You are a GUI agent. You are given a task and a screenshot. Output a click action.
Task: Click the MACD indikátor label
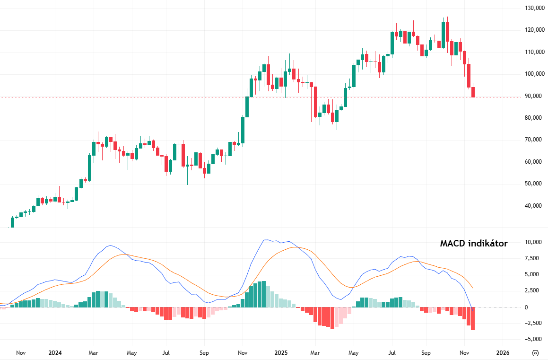[474, 244]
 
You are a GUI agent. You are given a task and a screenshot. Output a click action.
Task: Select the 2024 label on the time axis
[55, 353]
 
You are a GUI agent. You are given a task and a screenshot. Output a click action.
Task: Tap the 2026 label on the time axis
[503, 353]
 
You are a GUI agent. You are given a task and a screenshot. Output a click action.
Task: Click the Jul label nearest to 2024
[166, 353]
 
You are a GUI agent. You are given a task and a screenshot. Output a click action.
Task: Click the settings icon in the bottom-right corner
[535, 353]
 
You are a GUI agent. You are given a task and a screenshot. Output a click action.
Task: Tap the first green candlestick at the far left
[13, 222]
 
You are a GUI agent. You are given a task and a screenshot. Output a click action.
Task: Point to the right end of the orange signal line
[472, 288]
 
